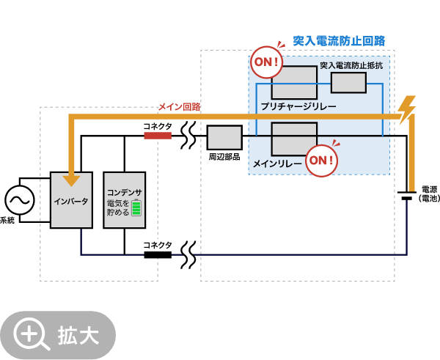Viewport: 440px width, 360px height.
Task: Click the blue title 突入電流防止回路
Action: [339, 41]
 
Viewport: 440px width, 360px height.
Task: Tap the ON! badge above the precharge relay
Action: [266, 62]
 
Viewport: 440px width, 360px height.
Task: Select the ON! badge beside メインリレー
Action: [321, 160]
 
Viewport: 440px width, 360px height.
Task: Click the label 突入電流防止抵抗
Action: [351, 65]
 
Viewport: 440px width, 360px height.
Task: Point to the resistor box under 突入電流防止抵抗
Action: [348, 83]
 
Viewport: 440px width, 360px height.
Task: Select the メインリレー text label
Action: [277, 164]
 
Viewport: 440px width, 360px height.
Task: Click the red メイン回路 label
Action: [179, 107]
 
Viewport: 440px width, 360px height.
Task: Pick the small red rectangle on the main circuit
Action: [158, 136]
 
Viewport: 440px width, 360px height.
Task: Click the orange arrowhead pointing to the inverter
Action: [71, 180]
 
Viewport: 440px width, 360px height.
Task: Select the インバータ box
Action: [71, 200]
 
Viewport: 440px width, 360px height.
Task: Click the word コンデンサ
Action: [125, 192]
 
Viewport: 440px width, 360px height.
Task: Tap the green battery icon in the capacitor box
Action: [136, 207]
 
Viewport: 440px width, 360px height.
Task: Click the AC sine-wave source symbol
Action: [20, 200]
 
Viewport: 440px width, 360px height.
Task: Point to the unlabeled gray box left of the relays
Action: [224, 137]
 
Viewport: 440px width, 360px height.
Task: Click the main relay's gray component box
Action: [294, 139]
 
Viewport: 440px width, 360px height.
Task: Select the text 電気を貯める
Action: [118, 207]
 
